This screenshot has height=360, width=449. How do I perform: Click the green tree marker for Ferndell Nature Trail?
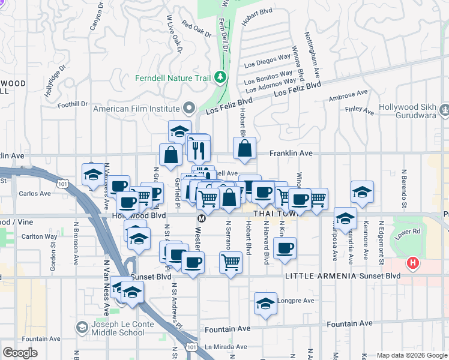pyautogui.click(x=220, y=77)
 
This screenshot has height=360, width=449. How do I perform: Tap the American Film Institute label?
pyautogui.click(x=137, y=109)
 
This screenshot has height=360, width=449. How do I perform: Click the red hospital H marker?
pyautogui.click(x=412, y=263)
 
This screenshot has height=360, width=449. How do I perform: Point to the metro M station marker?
pyautogui.click(x=202, y=218)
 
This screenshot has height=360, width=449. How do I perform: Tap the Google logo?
pyautogui.click(x=20, y=353)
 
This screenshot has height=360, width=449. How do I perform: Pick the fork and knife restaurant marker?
pyautogui.click(x=199, y=148)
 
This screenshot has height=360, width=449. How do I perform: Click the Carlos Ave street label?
pyautogui.click(x=35, y=194)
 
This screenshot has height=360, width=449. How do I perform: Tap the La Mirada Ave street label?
pyautogui.click(x=226, y=347)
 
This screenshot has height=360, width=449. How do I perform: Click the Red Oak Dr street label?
pyautogui.click(x=196, y=29)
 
